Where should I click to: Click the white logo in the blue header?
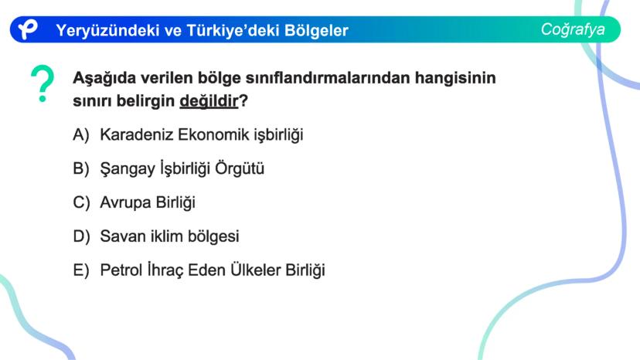click(28, 29)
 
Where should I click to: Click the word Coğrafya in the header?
click(573, 29)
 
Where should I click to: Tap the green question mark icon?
click(43, 83)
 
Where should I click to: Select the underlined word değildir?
click(209, 100)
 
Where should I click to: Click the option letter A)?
click(81, 134)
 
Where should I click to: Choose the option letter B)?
click(81, 168)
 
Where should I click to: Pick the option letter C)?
click(81, 202)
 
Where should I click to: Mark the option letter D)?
click(81, 236)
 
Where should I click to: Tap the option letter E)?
click(81, 270)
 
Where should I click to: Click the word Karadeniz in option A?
click(137, 134)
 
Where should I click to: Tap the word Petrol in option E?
click(121, 270)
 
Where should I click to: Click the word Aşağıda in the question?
click(104, 78)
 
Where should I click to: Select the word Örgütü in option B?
click(240, 168)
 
